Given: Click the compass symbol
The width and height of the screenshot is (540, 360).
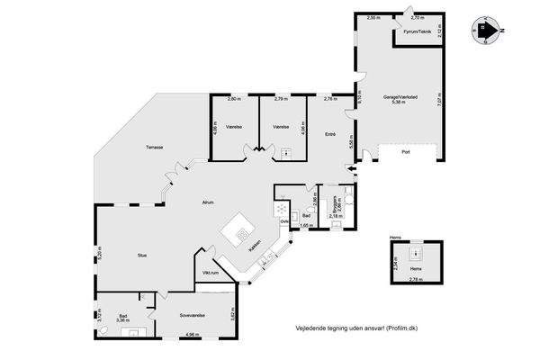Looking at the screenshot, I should [487, 31].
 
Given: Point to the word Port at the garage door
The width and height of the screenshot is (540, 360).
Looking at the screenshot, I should [406, 153].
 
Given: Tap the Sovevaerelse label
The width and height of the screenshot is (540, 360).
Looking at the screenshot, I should [193, 315].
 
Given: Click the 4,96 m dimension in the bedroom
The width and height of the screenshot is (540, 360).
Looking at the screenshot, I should [192, 335].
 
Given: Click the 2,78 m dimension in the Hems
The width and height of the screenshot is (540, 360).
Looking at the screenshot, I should [415, 280].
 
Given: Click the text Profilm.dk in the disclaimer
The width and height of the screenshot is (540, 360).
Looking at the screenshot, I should [400, 328].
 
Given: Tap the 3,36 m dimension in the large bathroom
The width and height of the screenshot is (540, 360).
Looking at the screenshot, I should [123, 319].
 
